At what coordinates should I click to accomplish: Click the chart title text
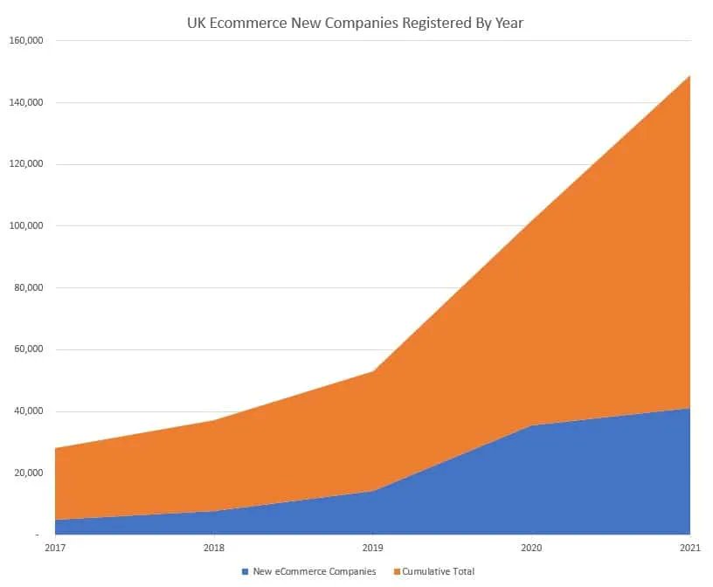point(355,23)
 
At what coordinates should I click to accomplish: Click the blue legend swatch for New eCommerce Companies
point(245,571)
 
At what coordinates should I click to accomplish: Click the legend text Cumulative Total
point(439,571)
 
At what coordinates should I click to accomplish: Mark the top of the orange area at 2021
point(689,76)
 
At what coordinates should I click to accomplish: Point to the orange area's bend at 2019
point(372,371)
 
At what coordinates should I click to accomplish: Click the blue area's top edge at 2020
point(531,425)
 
